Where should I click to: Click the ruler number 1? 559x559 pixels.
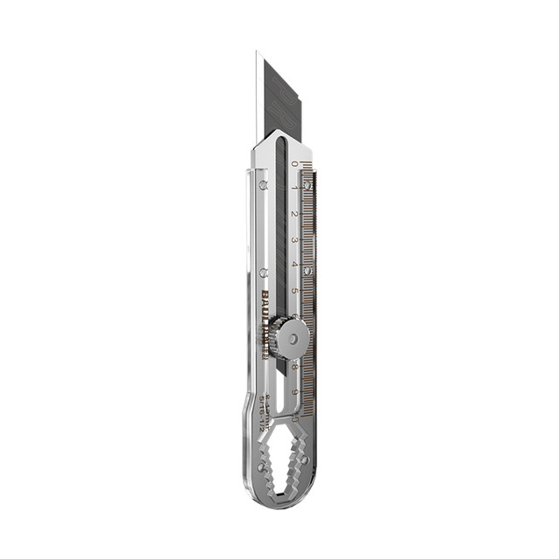(294, 188)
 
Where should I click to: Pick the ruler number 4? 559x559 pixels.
(294, 265)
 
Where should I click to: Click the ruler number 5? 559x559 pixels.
(295, 290)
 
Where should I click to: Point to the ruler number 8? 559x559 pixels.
(295, 367)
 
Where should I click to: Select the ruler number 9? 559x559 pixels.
(296, 392)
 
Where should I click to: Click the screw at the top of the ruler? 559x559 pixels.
(307, 184)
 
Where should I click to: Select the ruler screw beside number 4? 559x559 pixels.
(307, 270)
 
